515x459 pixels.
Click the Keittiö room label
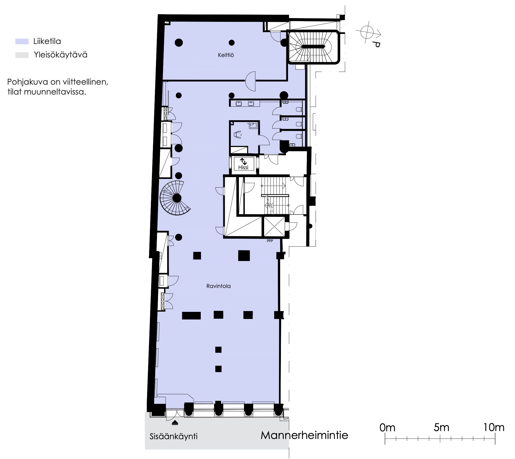[x=226, y=55]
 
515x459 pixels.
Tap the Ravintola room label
[x=219, y=286]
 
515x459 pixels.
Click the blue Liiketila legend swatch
[x=22, y=41]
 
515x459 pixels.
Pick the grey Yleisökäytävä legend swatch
[x=22, y=55]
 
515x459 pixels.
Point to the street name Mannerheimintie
[x=304, y=435]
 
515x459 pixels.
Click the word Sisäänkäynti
[x=174, y=436]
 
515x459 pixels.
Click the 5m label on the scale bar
[x=441, y=427]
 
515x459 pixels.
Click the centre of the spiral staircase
[x=177, y=198]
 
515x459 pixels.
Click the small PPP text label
[x=270, y=241]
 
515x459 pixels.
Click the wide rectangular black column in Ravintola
[x=191, y=315]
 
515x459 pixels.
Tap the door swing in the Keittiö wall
[x=250, y=81]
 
